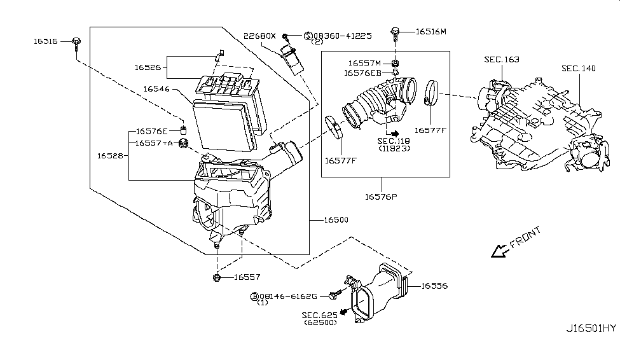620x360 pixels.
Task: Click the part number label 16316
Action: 46,41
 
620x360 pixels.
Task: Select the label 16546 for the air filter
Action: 156,88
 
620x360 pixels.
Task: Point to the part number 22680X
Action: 259,36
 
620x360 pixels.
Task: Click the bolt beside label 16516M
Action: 395,33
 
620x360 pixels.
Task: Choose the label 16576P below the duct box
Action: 381,197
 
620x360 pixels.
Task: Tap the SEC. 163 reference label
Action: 502,59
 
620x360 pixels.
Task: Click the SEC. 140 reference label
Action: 579,69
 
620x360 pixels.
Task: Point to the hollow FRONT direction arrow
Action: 500,251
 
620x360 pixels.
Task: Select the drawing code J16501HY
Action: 591,328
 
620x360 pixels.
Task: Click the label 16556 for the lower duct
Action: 434,286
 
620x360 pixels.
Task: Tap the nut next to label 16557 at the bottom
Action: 216,277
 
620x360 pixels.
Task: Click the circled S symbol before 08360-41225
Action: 308,36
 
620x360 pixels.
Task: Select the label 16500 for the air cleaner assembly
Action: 336,220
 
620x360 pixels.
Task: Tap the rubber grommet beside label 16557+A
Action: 183,144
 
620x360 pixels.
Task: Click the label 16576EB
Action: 362,73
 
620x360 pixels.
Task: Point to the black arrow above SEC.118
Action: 395,134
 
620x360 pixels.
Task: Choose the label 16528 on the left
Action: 110,156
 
